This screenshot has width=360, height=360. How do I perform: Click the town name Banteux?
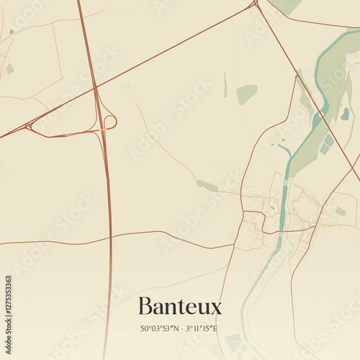pos(180,306)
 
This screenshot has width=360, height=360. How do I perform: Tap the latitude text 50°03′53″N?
pos(161,329)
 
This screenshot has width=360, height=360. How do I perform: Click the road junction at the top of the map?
pos(255,4)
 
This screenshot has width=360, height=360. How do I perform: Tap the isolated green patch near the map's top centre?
pos(246,94)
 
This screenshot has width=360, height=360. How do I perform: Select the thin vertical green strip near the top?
pos(225,85)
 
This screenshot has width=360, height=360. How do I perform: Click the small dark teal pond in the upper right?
pos(345,114)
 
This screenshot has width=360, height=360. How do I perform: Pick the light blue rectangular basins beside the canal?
pos(327,144)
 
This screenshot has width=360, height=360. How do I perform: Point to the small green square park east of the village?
pos(341,211)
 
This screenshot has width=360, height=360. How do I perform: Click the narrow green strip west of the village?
pos(207,186)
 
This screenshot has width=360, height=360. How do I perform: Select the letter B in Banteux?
pos(145,306)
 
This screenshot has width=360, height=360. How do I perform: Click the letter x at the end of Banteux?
pos(215,308)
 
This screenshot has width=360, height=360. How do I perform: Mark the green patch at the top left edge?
pos(9,68)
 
